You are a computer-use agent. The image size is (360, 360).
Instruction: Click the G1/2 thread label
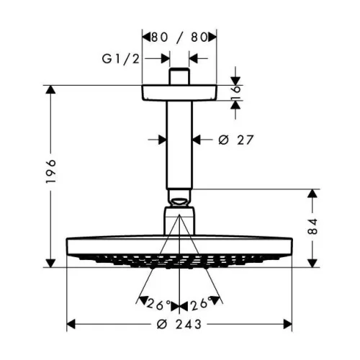(x=120, y=59)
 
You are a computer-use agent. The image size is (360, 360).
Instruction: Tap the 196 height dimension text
(x=51, y=171)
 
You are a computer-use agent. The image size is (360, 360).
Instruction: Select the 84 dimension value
(x=312, y=226)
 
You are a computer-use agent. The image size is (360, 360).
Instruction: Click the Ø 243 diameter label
(x=179, y=325)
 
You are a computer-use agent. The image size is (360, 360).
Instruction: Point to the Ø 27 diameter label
(x=236, y=140)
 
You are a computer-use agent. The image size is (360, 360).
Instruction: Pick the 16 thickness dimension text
(x=236, y=92)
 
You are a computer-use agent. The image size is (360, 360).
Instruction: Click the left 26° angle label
(x=158, y=305)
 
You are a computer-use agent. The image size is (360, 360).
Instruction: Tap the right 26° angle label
(x=202, y=303)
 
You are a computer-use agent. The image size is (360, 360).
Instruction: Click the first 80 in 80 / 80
(x=159, y=37)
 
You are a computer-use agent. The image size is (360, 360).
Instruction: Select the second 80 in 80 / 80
(x=199, y=37)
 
